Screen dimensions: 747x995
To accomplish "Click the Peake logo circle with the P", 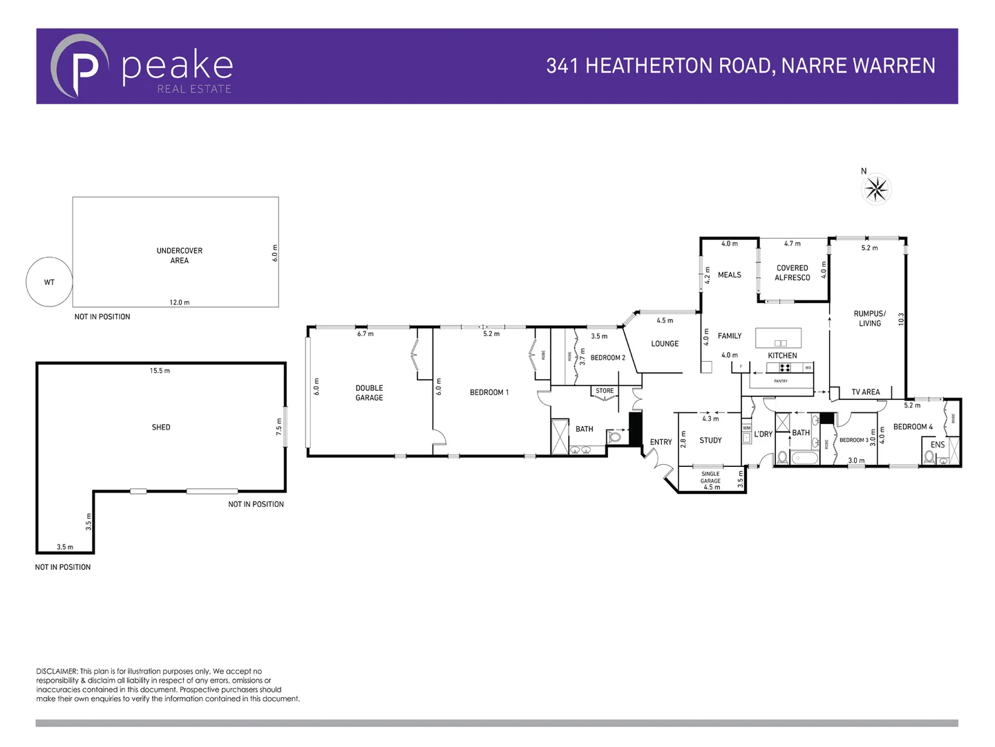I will (x=79, y=66).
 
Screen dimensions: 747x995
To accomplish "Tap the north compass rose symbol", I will (x=876, y=189).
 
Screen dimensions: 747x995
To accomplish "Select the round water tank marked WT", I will (x=49, y=282).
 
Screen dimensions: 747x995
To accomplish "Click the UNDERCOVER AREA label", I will (x=180, y=255).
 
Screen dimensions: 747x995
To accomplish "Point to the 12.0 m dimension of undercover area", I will (x=180, y=302).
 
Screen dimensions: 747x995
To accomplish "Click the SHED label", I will (x=161, y=427).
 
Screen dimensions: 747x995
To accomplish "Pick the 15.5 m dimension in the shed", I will (x=160, y=371).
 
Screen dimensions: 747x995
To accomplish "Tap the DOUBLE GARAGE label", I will (x=369, y=393).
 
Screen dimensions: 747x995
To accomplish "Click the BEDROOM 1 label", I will (x=489, y=392).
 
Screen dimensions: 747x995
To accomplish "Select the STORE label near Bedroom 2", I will (x=605, y=391).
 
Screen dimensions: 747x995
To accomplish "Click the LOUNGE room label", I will (x=665, y=344).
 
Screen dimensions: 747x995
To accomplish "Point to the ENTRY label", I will (x=661, y=442).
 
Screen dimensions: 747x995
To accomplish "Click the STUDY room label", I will (x=710, y=441).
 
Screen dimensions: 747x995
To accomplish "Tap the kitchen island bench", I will (x=778, y=338).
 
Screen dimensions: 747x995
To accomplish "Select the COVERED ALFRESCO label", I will (x=792, y=273).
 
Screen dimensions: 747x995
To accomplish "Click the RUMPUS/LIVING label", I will (x=869, y=318).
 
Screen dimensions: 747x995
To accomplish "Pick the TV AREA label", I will (x=866, y=392).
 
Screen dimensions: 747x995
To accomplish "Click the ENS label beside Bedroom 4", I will (x=937, y=445).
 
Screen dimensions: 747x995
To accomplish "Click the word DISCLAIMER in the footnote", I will (x=57, y=671).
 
